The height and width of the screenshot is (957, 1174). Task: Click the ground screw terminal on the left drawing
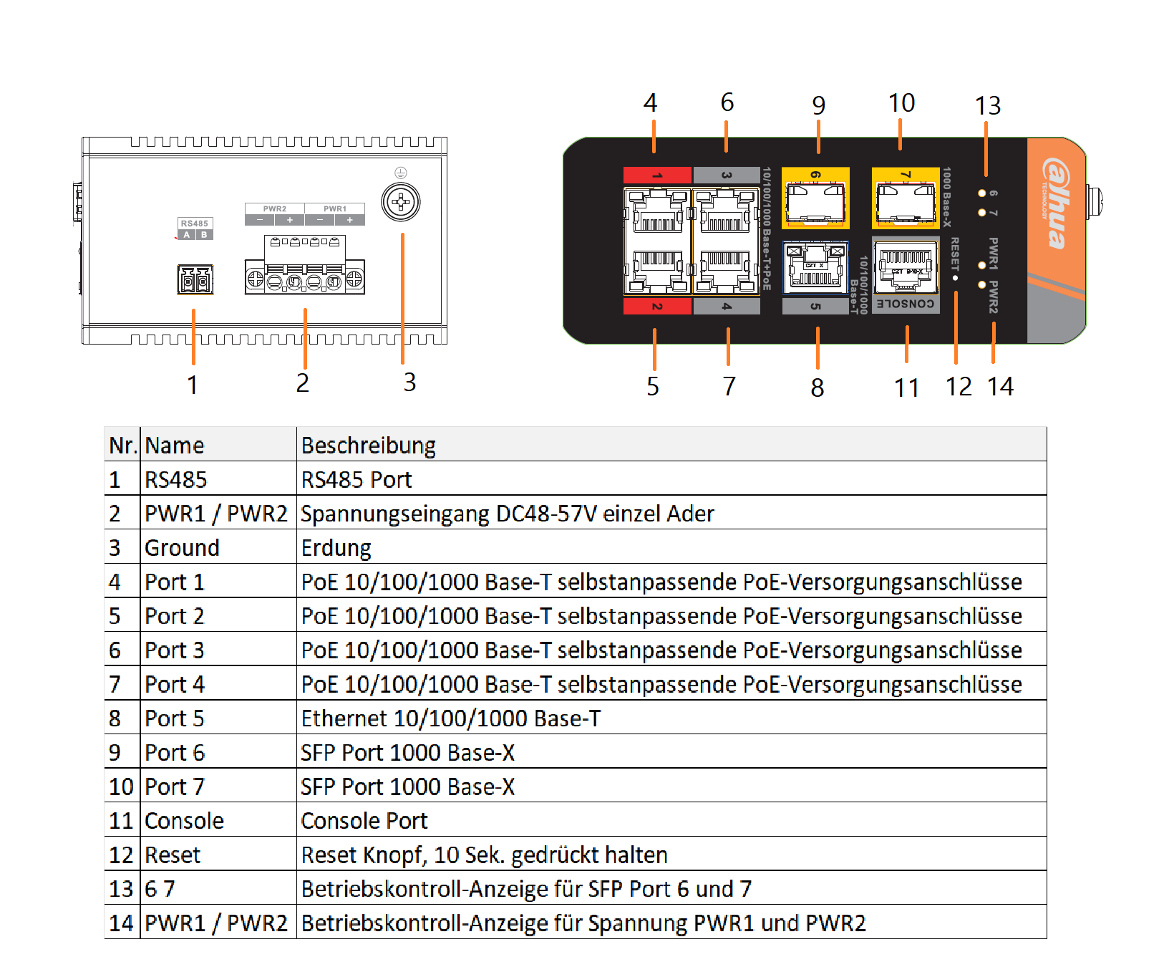click(x=401, y=202)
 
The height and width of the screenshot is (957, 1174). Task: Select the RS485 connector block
click(x=195, y=279)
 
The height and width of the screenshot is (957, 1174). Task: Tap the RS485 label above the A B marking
click(x=195, y=223)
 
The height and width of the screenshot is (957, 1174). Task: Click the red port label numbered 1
click(x=657, y=175)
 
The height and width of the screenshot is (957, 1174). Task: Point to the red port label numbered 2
click(x=657, y=307)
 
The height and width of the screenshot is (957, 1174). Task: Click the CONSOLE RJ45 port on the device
click(x=906, y=266)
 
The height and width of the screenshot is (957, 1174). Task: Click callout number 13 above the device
click(x=988, y=106)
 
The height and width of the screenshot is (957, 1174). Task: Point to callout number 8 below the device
click(x=818, y=388)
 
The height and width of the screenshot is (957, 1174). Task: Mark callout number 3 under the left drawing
click(x=409, y=383)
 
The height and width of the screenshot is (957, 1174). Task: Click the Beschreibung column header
click(x=369, y=446)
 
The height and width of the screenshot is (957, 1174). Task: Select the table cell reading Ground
click(x=183, y=548)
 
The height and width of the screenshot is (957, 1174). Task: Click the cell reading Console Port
click(x=364, y=821)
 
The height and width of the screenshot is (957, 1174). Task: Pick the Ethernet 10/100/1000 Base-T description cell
click(x=451, y=718)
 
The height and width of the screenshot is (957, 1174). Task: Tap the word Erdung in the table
click(x=336, y=548)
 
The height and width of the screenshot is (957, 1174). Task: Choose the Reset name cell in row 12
click(x=173, y=855)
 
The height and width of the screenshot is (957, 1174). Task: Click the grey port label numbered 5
click(x=815, y=307)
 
